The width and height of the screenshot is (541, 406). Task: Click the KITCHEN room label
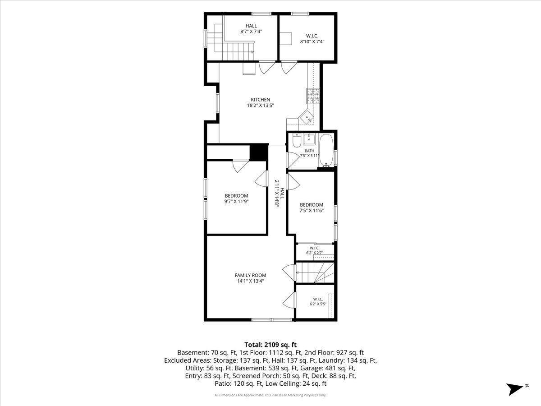(x=260, y=100)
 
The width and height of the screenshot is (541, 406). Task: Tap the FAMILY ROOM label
(x=250, y=275)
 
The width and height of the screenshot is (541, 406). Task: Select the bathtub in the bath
(x=326, y=151)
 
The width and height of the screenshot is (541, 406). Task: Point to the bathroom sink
(x=309, y=139)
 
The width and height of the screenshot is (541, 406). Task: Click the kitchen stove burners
(x=313, y=96)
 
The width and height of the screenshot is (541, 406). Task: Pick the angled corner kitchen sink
(x=307, y=118)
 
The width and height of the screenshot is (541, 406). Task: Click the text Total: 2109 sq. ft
(x=270, y=345)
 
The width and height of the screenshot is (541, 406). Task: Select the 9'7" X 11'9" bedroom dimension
(x=236, y=201)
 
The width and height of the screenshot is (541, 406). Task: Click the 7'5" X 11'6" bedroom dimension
(x=311, y=211)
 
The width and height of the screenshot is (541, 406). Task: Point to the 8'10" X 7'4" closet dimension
(x=312, y=42)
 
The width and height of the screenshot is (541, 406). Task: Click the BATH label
(x=310, y=151)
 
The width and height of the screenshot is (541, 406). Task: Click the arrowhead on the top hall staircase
(x=252, y=52)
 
